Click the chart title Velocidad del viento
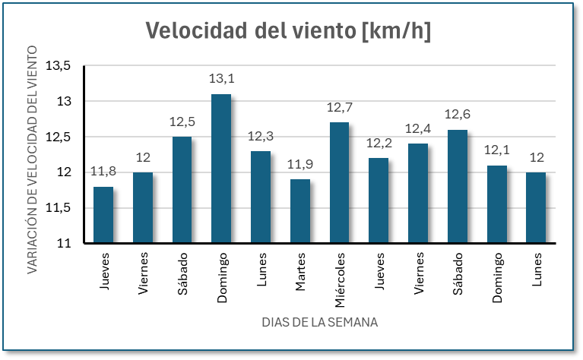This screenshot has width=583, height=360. click(x=288, y=30)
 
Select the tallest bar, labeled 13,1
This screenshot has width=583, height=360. click(x=220, y=169)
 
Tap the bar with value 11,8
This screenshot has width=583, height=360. click(x=103, y=215)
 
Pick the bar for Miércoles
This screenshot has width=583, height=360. click(x=339, y=183)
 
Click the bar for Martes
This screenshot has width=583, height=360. click(x=299, y=211)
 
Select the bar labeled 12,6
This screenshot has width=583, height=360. click(x=457, y=187)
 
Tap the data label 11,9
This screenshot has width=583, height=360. click(x=299, y=165)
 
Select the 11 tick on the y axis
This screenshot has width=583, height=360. click(x=64, y=244)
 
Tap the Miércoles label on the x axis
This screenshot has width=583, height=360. click(x=340, y=278)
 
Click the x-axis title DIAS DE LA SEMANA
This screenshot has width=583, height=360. click(x=319, y=322)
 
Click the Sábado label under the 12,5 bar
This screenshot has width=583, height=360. click(x=182, y=273)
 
